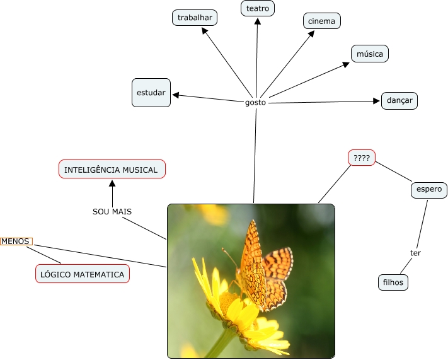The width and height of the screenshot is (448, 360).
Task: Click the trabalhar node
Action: [x=195, y=18]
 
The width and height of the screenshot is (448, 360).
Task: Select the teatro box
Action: [x=258, y=8]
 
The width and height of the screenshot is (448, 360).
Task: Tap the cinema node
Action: [x=321, y=21]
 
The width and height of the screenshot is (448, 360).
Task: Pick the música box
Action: [x=370, y=54]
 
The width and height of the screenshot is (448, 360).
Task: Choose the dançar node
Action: [x=399, y=100]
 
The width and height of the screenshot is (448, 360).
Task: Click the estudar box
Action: [x=151, y=93]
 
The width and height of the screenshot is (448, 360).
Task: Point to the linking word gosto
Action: [x=256, y=102]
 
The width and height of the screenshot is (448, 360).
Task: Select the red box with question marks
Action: [x=362, y=157]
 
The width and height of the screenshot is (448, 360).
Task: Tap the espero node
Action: [x=428, y=189]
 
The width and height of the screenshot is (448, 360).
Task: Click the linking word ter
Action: [x=415, y=253]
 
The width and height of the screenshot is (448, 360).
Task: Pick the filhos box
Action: [x=393, y=282]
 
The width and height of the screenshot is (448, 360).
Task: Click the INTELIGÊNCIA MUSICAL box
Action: [x=112, y=170]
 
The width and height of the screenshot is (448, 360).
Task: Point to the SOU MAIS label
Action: [x=112, y=211]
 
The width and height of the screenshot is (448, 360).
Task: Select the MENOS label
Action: [x=16, y=241]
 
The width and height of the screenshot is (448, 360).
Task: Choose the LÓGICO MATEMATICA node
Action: [x=83, y=274]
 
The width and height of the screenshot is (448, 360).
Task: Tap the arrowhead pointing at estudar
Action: [x=176, y=95]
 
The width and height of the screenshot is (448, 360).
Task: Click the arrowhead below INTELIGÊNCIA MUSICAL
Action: [x=112, y=183]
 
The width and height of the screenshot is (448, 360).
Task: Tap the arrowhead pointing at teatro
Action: [x=257, y=21]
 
